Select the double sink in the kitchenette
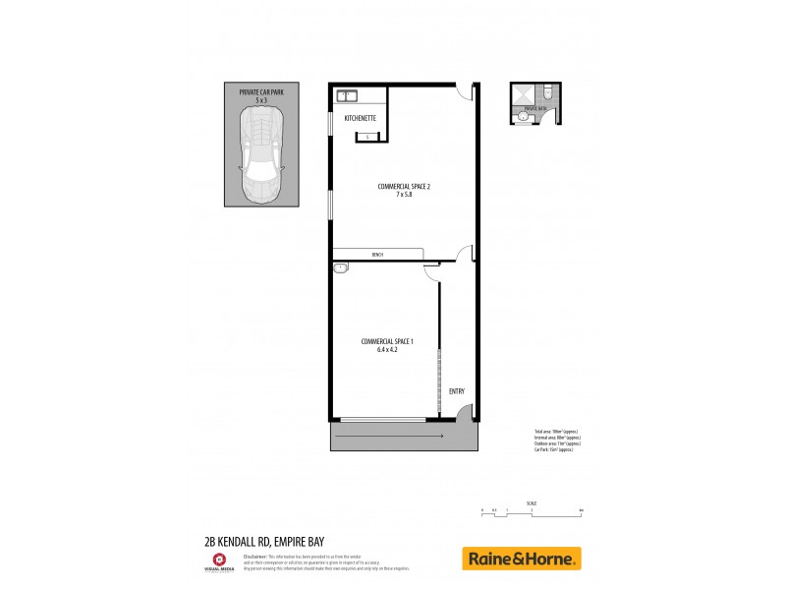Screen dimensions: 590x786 (347, 96)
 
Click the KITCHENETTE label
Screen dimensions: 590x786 (361, 118)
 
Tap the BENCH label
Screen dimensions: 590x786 (377, 255)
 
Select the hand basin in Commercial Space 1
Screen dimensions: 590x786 (341, 266)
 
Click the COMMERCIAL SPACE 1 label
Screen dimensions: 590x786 (387, 340)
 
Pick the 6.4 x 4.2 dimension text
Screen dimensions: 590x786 (387, 349)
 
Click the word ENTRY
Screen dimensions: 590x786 (456, 391)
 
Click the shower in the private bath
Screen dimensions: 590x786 (522, 95)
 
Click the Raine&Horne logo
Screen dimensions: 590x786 (521, 559)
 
